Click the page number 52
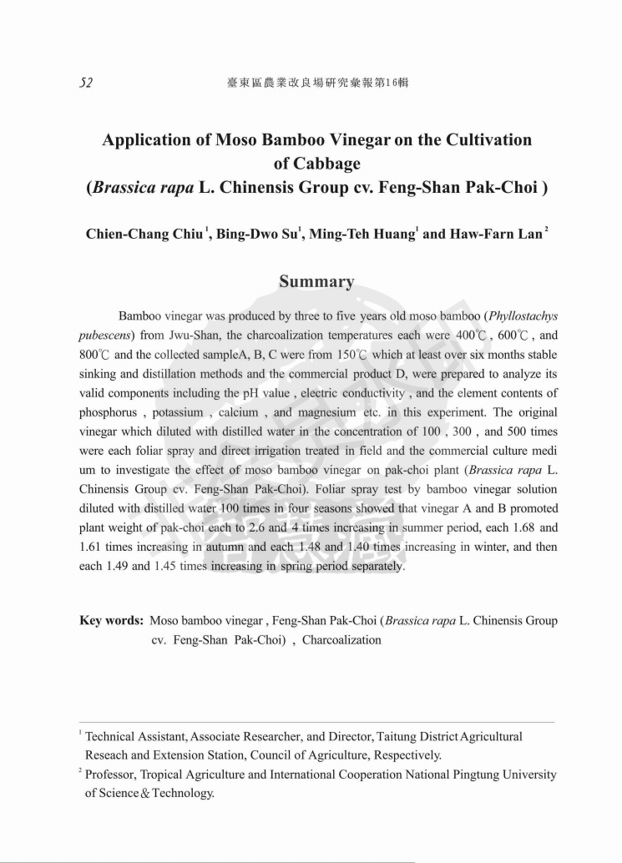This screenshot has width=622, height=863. (86, 83)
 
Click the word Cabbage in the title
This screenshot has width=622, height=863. (316, 163)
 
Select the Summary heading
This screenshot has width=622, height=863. (316, 281)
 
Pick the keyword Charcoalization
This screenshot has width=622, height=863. (341, 640)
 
